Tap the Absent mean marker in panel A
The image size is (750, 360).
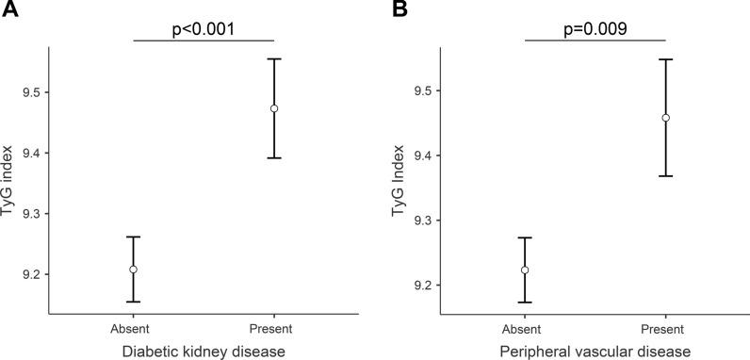(134, 270)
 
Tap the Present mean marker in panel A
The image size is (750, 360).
(274, 108)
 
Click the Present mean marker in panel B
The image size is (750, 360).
(665, 118)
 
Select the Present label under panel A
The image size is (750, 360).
(274, 328)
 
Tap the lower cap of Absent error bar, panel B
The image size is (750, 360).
(525, 303)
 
